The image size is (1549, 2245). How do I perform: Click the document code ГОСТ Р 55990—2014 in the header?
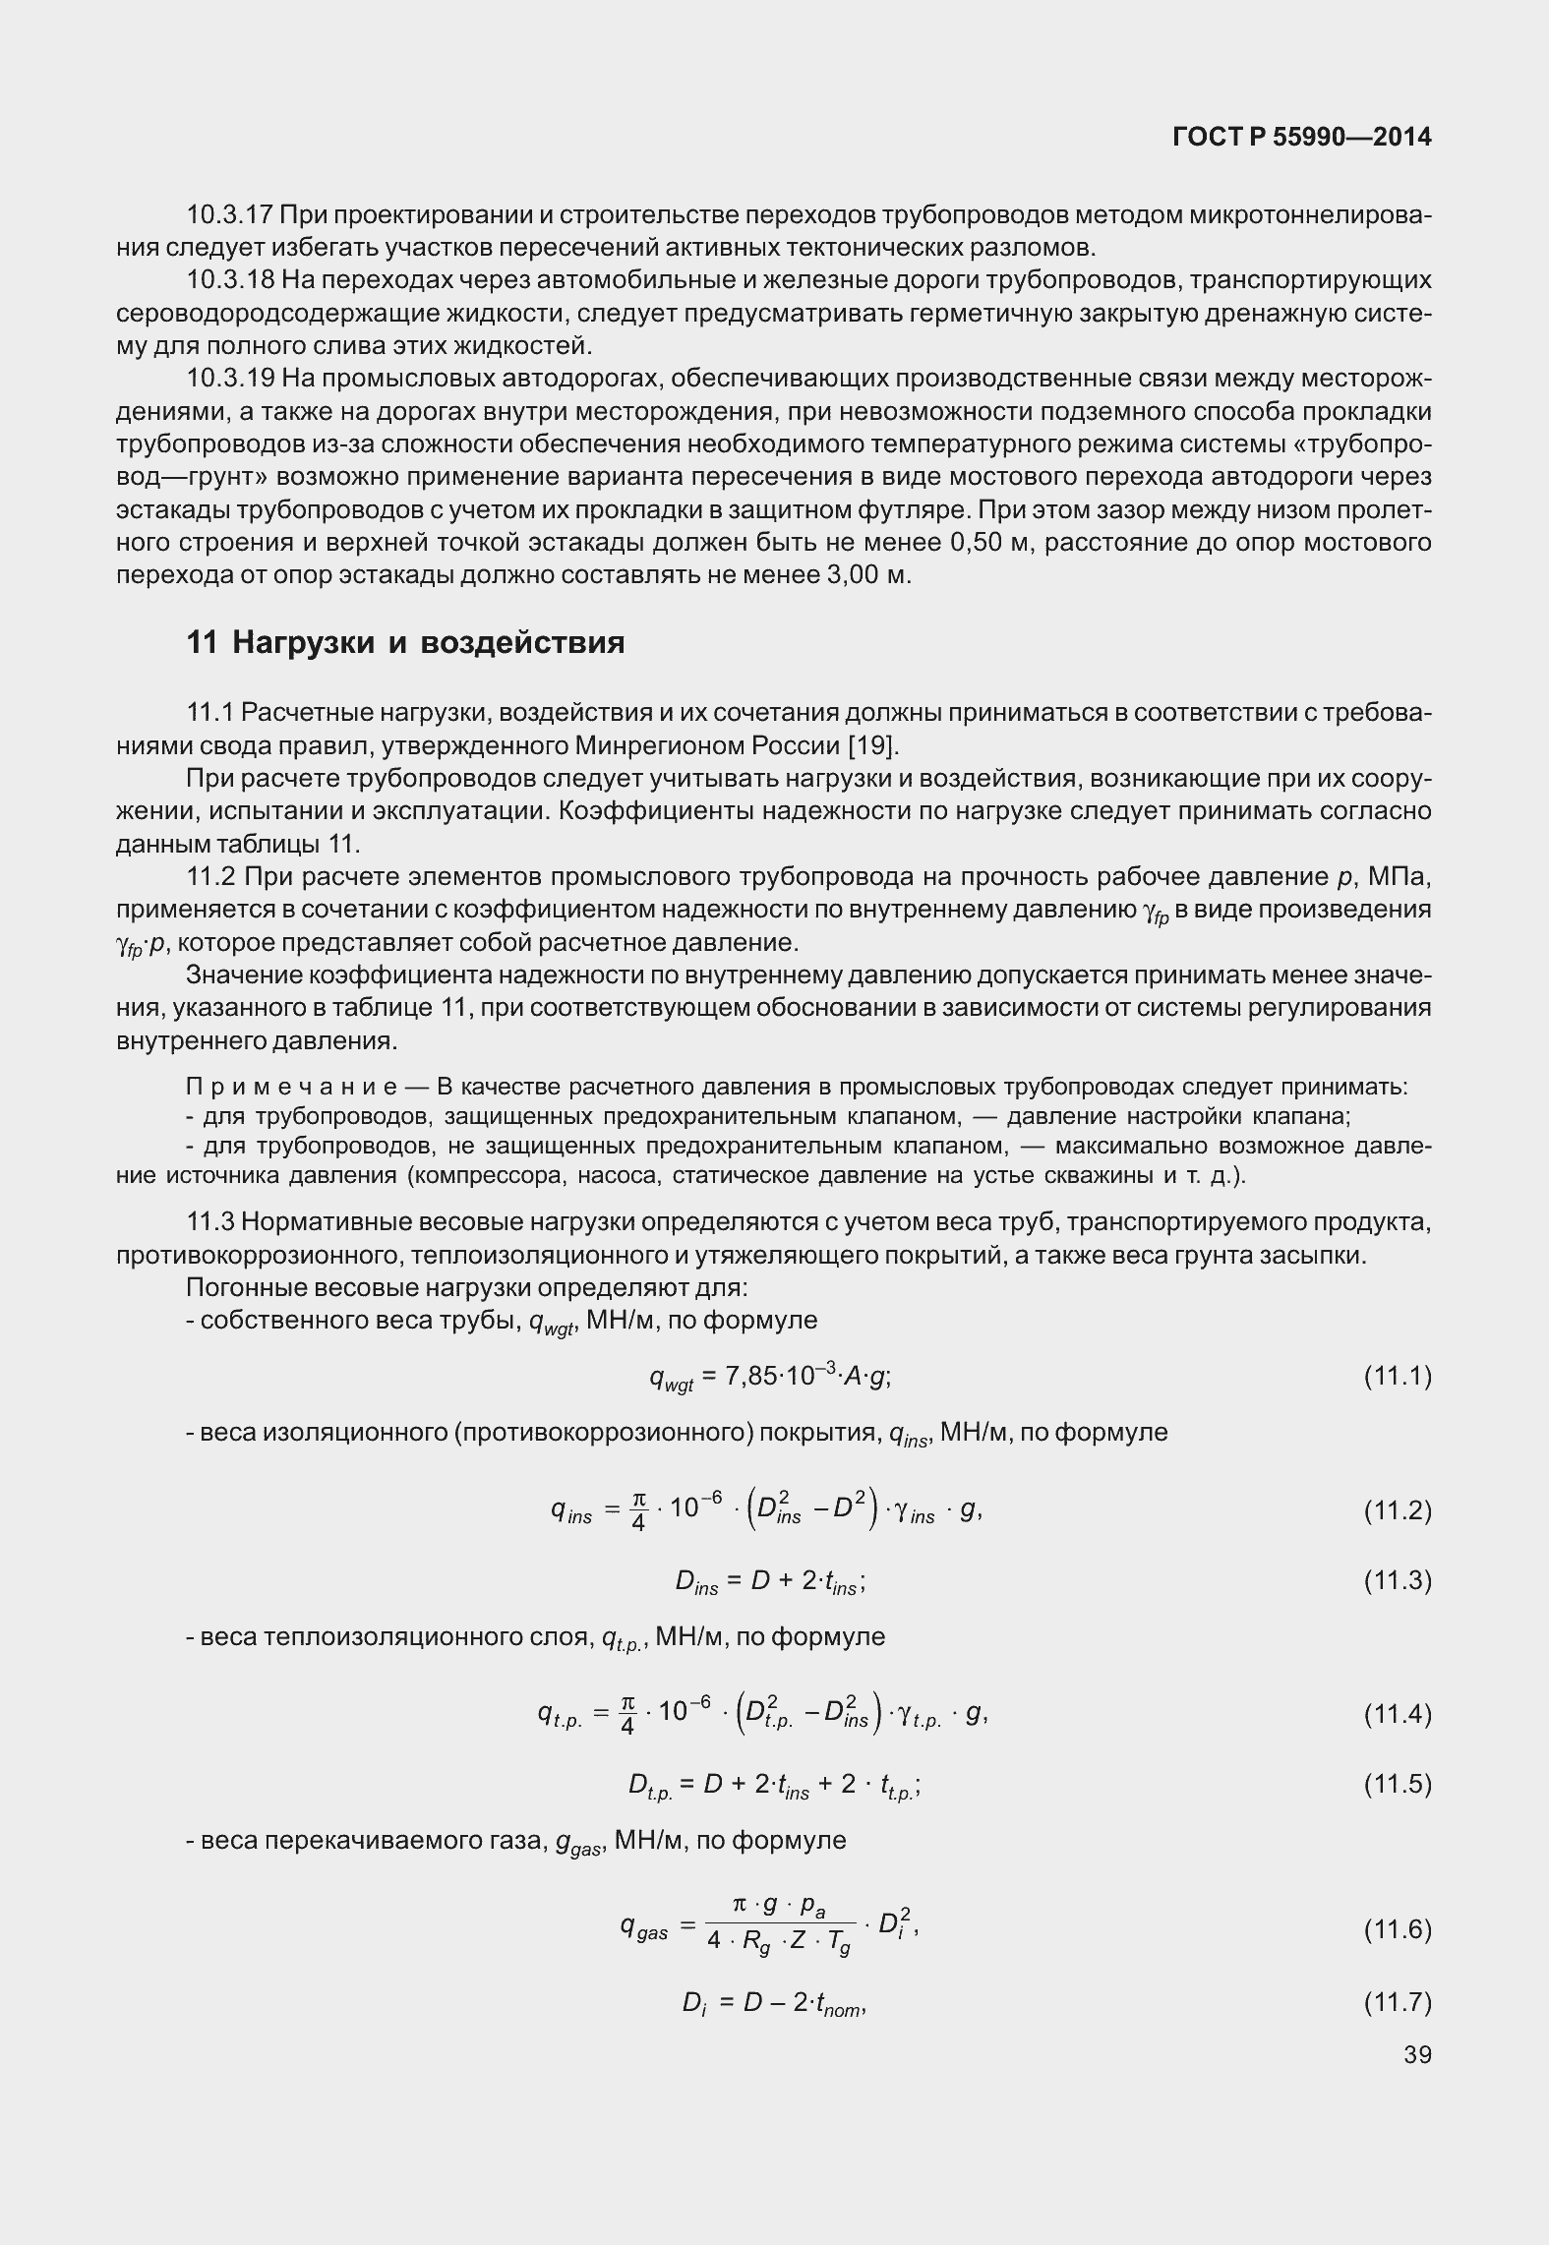(1302, 138)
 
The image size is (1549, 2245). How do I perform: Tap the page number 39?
(1417, 2054)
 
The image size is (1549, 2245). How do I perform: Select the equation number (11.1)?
(1397, 1376)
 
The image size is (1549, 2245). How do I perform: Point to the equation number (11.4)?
(1397, 1715)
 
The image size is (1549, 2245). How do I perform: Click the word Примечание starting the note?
(291, 1087)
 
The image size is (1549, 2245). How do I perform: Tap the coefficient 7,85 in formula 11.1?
(751, 1377)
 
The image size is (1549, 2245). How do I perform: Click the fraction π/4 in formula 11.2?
(638, 1510)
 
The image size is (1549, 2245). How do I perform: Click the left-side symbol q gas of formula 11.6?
(643, 1928)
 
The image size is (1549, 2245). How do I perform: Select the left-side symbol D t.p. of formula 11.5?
(651, 1786)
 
